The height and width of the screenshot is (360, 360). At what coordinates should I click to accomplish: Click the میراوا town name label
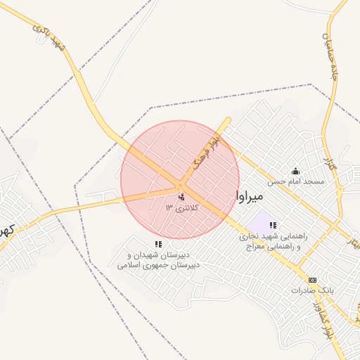pos(250,193)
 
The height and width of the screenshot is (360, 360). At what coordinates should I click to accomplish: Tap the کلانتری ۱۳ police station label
pos(183,207)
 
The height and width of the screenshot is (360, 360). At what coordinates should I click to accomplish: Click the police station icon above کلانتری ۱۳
pos(182,197)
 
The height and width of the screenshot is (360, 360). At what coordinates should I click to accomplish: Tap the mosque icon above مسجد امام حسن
pos(295,171)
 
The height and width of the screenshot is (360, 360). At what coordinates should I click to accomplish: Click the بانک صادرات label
pos(310,290)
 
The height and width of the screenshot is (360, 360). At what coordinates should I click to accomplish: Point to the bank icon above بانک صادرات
pos(312,279)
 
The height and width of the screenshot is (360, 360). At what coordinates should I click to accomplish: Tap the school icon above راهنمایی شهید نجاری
pos(272,225)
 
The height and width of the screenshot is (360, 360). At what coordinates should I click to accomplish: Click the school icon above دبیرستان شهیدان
pos(158,244)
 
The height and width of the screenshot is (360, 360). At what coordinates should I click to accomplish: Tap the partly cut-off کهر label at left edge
pos(6,231)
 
